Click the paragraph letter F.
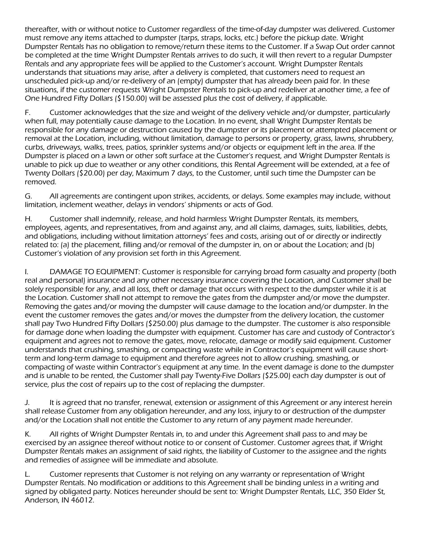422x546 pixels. (x=28, y=113)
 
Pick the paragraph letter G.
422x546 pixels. (x=28, y=196)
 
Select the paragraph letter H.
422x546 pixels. (x=28, y=219)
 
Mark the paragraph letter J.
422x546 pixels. (x=27, y=403)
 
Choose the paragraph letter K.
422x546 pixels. (x=28, y=434)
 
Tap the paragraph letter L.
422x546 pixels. (x=27, y=474)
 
